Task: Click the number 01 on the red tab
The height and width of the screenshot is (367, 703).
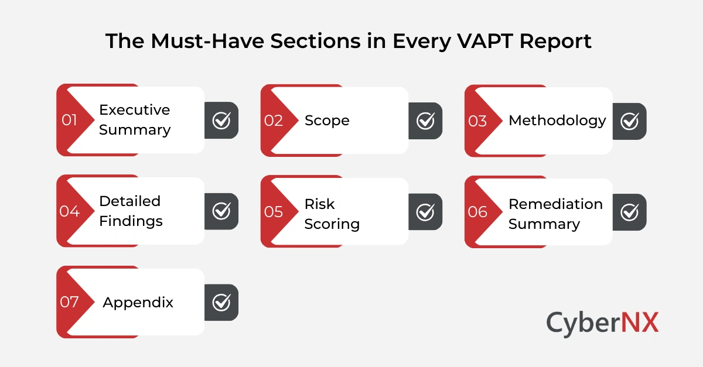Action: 70,120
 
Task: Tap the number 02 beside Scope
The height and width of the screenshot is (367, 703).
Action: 274,121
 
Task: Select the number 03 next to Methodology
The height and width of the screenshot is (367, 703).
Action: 477,121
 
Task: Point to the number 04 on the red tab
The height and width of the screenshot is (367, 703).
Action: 69,211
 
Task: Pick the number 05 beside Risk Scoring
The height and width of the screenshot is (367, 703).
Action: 274,212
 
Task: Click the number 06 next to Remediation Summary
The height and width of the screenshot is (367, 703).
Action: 477,212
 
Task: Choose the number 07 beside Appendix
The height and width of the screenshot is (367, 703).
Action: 69,303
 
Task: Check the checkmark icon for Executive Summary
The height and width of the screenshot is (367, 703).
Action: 221,121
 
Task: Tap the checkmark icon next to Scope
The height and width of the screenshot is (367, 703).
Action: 425,121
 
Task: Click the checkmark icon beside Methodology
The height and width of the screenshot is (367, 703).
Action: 630,121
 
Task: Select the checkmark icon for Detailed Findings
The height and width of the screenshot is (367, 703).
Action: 221,211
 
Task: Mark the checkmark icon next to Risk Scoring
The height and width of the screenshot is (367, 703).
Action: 425,212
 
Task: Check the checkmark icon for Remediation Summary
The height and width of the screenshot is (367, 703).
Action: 630,212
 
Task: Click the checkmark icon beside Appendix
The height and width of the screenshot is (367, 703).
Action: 221,303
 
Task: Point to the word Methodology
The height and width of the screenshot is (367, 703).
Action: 557,121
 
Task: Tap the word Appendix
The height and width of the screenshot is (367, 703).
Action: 138,303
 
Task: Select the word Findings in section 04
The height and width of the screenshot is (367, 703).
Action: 131,221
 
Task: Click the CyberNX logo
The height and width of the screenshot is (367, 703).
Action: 602,323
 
